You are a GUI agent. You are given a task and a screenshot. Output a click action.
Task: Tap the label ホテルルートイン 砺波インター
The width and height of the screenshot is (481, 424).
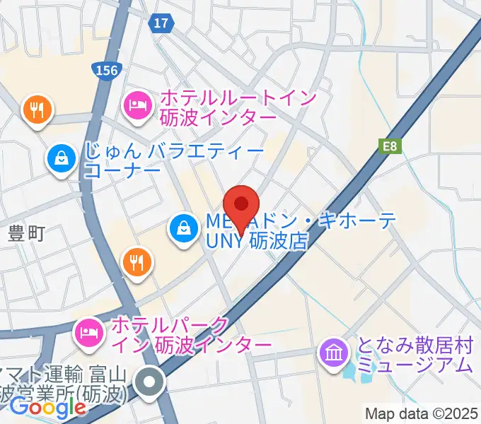tap(238, 106)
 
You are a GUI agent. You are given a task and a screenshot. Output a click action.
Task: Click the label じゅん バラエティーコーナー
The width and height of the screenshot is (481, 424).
tap(173, 160)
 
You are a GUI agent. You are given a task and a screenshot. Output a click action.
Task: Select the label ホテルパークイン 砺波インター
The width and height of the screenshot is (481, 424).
tap(191, 335)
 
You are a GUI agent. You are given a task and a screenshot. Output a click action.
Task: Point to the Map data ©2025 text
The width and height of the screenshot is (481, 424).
tap(422, 413)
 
